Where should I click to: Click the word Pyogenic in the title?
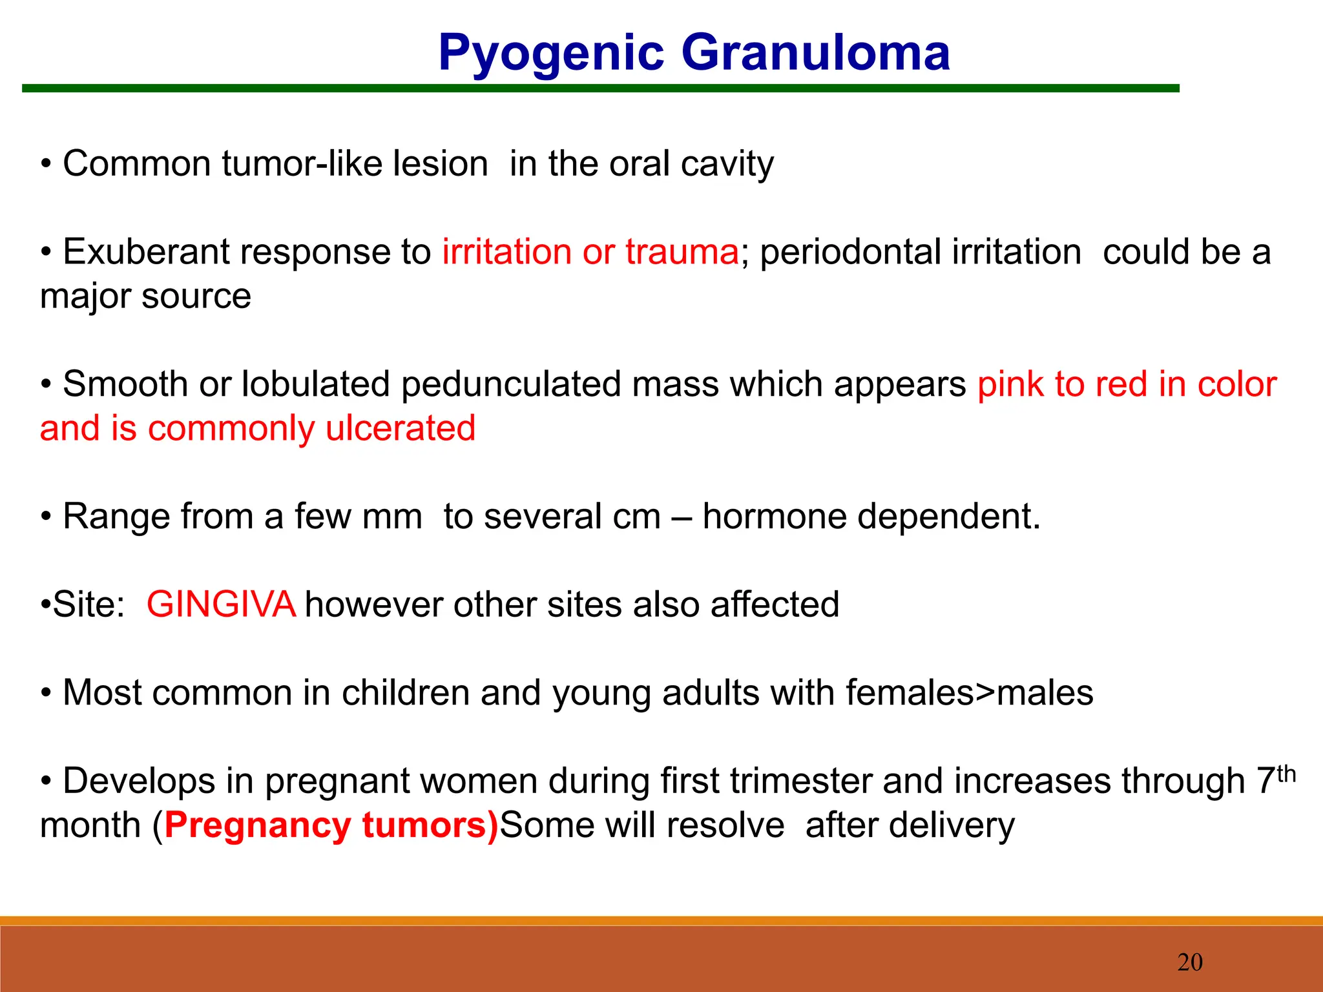point(551,53)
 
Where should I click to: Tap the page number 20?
point(1190,962)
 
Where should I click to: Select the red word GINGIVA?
point(221,604)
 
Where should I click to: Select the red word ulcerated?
point(400,428)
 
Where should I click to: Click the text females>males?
point(969,692)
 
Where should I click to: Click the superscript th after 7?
point(1286,773)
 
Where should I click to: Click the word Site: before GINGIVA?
point(89,604)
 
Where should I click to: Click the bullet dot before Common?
point(46,165)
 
